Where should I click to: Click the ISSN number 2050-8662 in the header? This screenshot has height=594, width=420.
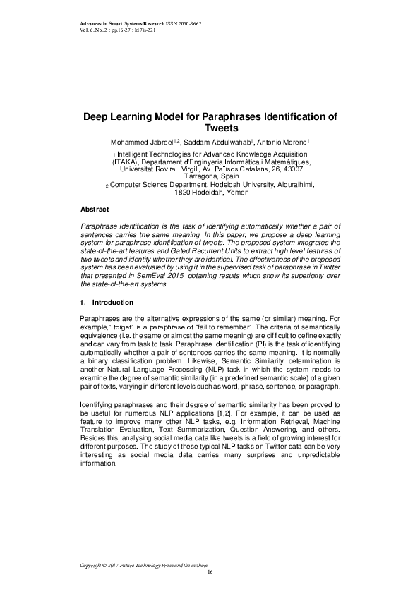pyautogui.click(x=186, y=24)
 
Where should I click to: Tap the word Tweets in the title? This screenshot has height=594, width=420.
pyautogui.click(x=210, y=128)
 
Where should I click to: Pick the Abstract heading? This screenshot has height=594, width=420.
pyautogui.click(x=95, y=210)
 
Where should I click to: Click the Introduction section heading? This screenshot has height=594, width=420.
pyautogui.click(x=113, y=302)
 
